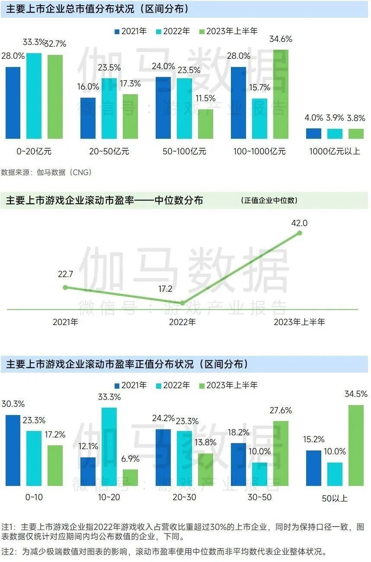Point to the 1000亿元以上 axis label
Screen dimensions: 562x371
pos(334,151)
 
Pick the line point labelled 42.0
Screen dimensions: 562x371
pos(299,233)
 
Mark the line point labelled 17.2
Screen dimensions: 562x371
pos(182,303)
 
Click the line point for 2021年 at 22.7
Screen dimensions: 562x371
pos(65,287)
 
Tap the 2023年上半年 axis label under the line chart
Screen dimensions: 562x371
pos(299,322)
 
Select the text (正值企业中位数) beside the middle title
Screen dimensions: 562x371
pos(269,201)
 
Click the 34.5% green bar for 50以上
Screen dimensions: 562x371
pos(356,445)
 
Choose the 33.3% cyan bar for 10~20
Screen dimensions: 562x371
pos(109,447)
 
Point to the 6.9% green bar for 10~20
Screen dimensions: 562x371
pos(130,477)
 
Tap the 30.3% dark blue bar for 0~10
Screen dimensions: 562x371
pos(13,450)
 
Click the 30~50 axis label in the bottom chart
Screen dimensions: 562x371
pos(259,497)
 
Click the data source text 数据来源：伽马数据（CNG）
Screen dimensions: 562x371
pos(46,172)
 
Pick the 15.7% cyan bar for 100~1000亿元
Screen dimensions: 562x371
pos(259,118)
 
